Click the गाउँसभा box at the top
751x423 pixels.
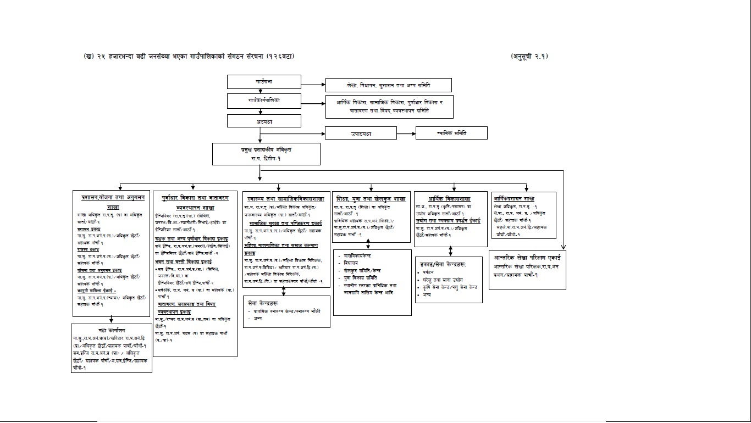pos(264,82)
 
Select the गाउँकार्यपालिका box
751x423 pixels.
pos(264,101)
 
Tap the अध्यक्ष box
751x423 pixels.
pos(264,121)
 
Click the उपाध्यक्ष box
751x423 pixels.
pos(361,133)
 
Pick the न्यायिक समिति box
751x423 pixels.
pos(451,133)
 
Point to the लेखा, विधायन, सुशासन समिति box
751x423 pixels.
pos(388,85)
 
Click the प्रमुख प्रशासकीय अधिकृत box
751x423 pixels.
pos(266,154)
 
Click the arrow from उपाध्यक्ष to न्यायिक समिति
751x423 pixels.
pos(406,133)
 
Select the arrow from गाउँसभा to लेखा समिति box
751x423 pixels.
pos(313,85)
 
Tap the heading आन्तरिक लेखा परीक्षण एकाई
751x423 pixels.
pos(527,257)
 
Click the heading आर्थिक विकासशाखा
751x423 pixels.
pos(450,199)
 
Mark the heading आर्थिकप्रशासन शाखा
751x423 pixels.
pos(515,199)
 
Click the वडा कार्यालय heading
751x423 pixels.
pos(112,330)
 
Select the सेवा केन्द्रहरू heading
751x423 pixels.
pos(263,303)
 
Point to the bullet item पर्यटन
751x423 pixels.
pos(428,272)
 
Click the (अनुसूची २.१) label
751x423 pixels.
pos(529,56)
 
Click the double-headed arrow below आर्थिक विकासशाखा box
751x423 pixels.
pos(451,251)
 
